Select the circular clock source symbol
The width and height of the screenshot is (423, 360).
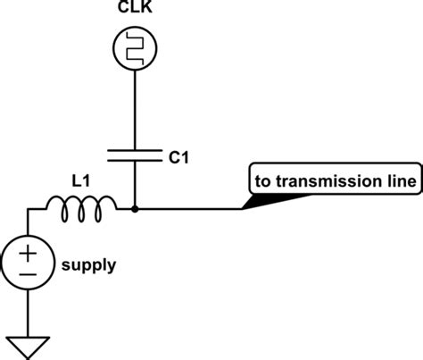pyautogui.click(x=134, y=46)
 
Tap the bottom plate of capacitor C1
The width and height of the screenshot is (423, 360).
pyautogui.click(x=134, y=162)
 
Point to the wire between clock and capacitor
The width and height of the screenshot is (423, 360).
pyautogui.click(x=134, y=107)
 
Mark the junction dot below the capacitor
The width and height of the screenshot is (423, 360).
pyautogui.click(x=134, y=210)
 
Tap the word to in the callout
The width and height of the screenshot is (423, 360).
pyautogui.click(x=264, y=182)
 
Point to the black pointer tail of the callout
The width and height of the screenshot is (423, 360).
pyautogui.click(x=268, y=203)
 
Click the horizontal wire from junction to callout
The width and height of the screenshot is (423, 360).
pyautogui.click(x=187, y=210)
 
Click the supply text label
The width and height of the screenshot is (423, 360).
pyautogui.click(x=88, y=265)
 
